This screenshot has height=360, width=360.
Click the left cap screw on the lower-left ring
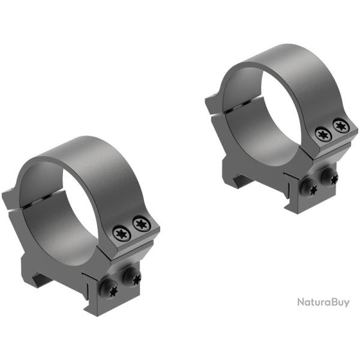coord(122,233)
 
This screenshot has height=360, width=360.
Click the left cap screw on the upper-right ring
coord(323,135)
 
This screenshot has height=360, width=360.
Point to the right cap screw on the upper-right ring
coord(341,126)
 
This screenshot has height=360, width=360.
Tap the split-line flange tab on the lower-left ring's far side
coord(12,199)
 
